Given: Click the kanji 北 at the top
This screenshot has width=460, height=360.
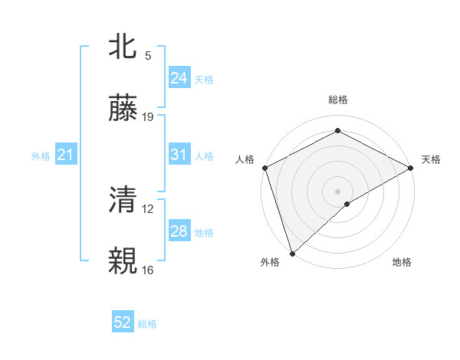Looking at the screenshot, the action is [123, 47].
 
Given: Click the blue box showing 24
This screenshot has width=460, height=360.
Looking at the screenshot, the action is [179, 77].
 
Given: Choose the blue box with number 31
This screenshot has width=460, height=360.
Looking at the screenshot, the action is [179, 155].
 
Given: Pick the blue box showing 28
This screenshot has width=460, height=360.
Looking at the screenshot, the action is [179, 231].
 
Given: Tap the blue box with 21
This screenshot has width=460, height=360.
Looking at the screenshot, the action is [65, 155].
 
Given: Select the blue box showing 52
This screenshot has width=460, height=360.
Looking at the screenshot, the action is [123, 323].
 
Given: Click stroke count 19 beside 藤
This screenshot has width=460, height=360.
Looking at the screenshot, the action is [148, 117].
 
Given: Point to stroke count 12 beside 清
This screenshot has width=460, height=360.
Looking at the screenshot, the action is [148, 208].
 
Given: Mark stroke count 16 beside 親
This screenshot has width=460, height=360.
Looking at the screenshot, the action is [148, 270].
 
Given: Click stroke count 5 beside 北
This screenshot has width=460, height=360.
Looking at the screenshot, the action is [148, 55].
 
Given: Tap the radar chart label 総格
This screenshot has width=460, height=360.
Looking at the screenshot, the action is [337, 100].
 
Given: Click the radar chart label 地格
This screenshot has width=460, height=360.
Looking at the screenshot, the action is [402, 263].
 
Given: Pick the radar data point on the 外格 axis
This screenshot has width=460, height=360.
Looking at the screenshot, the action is [292, 252].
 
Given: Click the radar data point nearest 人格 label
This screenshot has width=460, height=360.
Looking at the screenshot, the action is [264, 167].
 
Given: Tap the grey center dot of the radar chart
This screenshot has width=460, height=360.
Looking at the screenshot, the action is [337, 191].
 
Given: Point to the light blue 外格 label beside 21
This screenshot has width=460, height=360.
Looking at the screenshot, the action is [41, 156].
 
